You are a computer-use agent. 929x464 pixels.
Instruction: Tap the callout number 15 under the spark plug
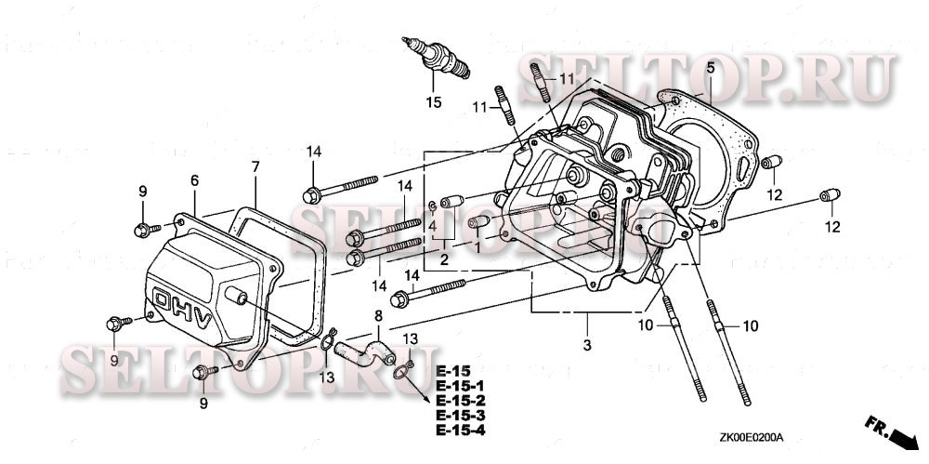[434, 102]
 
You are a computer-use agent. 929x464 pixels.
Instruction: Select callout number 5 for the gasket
[710, 68]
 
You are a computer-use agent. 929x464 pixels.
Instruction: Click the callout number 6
[194, 180]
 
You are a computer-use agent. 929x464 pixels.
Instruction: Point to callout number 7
[255, 167]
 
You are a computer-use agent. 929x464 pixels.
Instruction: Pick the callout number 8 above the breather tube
[378, 317]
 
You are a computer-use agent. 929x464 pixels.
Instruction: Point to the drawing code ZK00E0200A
[752, 436]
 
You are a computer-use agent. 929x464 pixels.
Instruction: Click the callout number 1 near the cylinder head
[478, 249]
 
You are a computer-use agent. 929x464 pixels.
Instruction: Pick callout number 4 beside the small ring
[433, 225]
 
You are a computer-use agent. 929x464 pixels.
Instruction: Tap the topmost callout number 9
[143, 192]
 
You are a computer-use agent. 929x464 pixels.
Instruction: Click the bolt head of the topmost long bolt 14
[310, 196]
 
